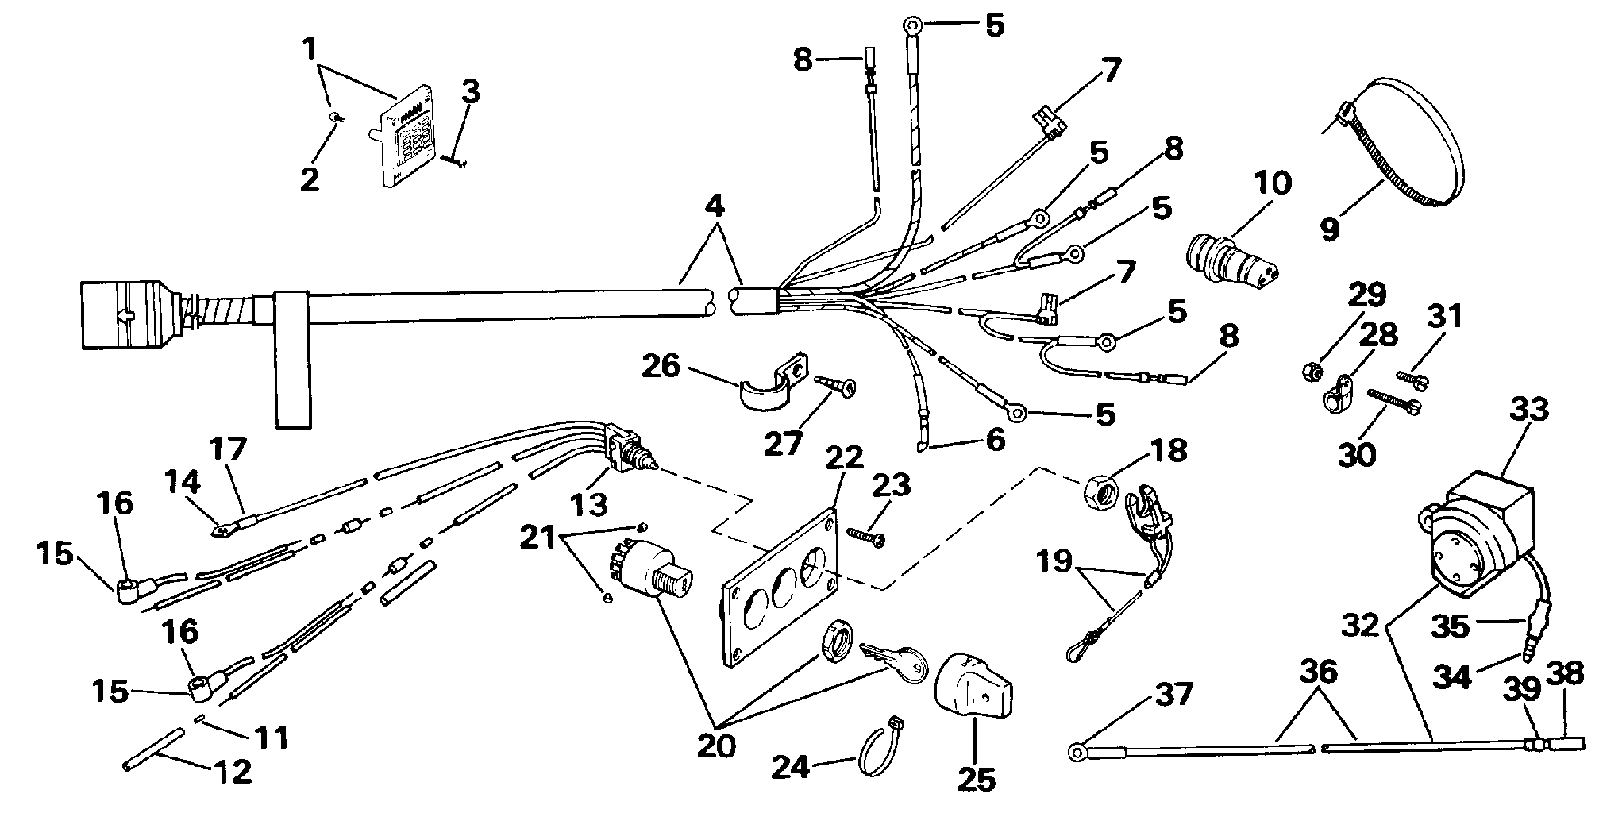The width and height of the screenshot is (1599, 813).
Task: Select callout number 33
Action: pos(1528,411)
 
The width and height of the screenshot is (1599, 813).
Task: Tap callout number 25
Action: pos(976,780)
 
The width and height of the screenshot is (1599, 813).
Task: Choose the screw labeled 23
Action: pos(866,537)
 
